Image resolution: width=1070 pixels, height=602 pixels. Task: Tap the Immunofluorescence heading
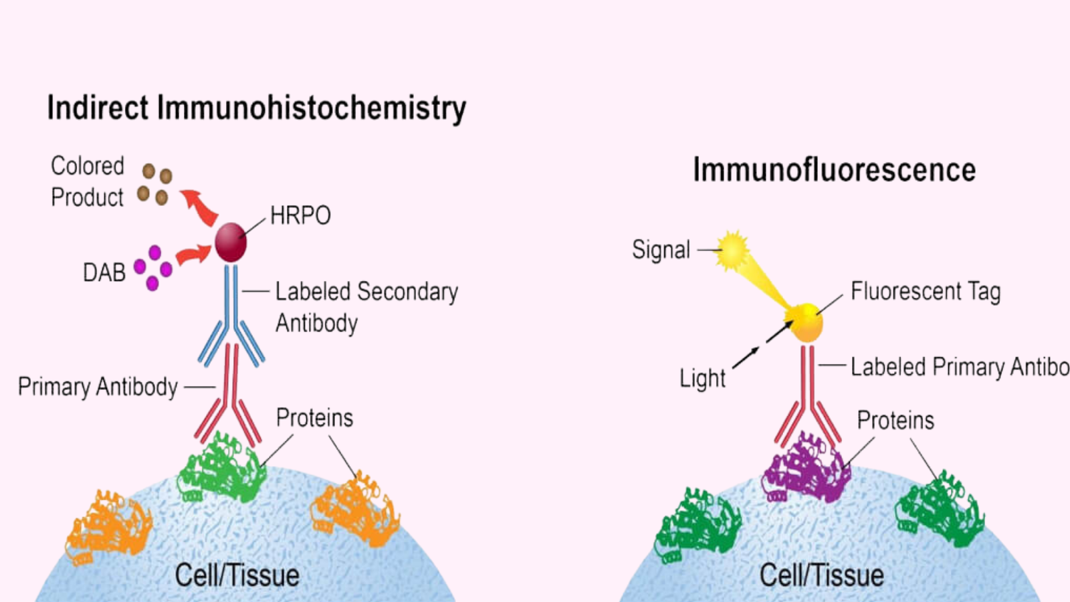coord(834,170)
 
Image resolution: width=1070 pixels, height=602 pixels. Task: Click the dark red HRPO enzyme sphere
coord(231,242)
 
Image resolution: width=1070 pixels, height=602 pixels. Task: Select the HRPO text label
coord(300,216)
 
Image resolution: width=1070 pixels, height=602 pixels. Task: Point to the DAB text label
coord(104,273)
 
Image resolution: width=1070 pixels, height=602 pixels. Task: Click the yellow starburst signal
coord(733,251)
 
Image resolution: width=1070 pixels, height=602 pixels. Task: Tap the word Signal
coord(661,250)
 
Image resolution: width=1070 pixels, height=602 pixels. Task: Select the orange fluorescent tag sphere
coord(807,322)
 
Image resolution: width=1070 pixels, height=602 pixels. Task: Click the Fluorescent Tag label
coord(926,292)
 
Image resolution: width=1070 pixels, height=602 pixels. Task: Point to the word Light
coord(702,379)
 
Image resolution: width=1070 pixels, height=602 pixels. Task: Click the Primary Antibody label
coord(98,387)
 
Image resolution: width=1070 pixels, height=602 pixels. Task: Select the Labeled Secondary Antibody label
coord(366,307)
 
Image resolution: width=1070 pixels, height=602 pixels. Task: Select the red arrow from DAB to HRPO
coord(193,255)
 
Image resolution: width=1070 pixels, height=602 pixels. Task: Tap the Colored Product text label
coord(88,181)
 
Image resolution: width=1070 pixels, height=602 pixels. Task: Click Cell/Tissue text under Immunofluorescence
coord(821,575)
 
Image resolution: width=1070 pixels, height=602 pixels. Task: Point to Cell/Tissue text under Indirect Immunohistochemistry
coord(237,575)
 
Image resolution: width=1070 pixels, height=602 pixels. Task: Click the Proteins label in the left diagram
coord(314,418)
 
